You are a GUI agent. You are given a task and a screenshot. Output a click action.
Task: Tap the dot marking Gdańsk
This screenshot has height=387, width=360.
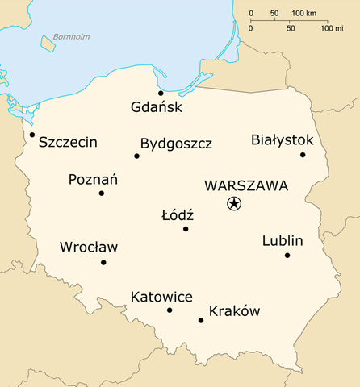tap(161, 94)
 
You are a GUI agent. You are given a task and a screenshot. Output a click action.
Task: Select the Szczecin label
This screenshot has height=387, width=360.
tap(68, 143)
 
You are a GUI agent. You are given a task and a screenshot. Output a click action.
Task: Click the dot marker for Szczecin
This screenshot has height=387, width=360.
tap(32, 135)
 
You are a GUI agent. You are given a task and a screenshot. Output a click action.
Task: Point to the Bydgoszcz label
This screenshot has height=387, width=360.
tap(176, 144)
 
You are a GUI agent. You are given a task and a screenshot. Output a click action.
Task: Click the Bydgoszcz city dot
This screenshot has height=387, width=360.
tap(136, 156)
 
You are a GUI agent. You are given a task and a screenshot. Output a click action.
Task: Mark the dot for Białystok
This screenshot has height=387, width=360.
tap(303, 155)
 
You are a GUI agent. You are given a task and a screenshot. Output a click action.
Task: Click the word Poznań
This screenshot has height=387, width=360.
tap(93, 179)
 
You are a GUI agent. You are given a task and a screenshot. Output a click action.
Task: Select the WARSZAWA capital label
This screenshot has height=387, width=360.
tap(246, 185)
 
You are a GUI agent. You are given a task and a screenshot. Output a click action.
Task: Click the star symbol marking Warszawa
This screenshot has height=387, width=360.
tap(233, 204)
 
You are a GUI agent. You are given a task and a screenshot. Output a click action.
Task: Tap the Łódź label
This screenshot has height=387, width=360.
tap(178, 215)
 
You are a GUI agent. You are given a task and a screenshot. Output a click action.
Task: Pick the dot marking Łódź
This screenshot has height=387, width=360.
tap(186, 229)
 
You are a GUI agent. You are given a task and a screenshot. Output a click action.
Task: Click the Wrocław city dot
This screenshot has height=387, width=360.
tap(103, 262)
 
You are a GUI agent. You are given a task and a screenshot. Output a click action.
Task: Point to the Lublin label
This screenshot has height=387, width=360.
tap(283, 241)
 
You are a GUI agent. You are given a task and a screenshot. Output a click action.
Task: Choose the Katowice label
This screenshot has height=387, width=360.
tap(161, 298)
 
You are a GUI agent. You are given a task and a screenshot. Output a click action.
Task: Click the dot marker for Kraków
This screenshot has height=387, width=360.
tap(201, 321)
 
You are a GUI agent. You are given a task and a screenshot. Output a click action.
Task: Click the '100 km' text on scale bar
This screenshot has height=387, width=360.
tap(304, 14)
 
